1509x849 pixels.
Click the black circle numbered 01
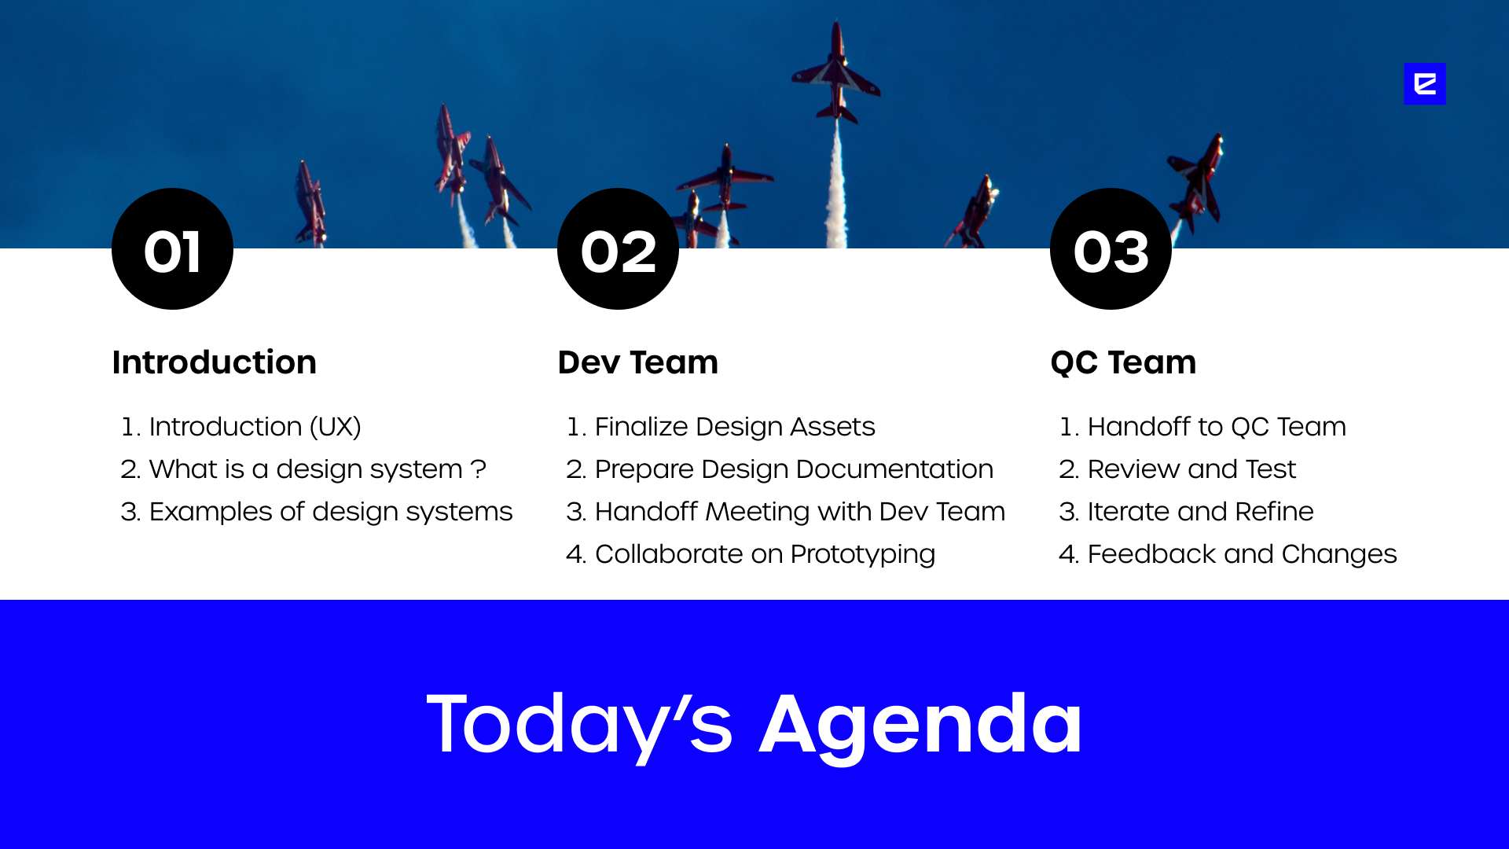(x=172, y=248)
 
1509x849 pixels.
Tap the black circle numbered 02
(x=618, y=248)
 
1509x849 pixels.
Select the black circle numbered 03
(x=1111, y=248)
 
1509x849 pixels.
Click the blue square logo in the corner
(x=1425, y=83)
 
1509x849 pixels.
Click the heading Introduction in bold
(x=214, y=362)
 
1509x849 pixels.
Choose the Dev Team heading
(x=637, y=362)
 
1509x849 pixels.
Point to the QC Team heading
(x=1123, y=362)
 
